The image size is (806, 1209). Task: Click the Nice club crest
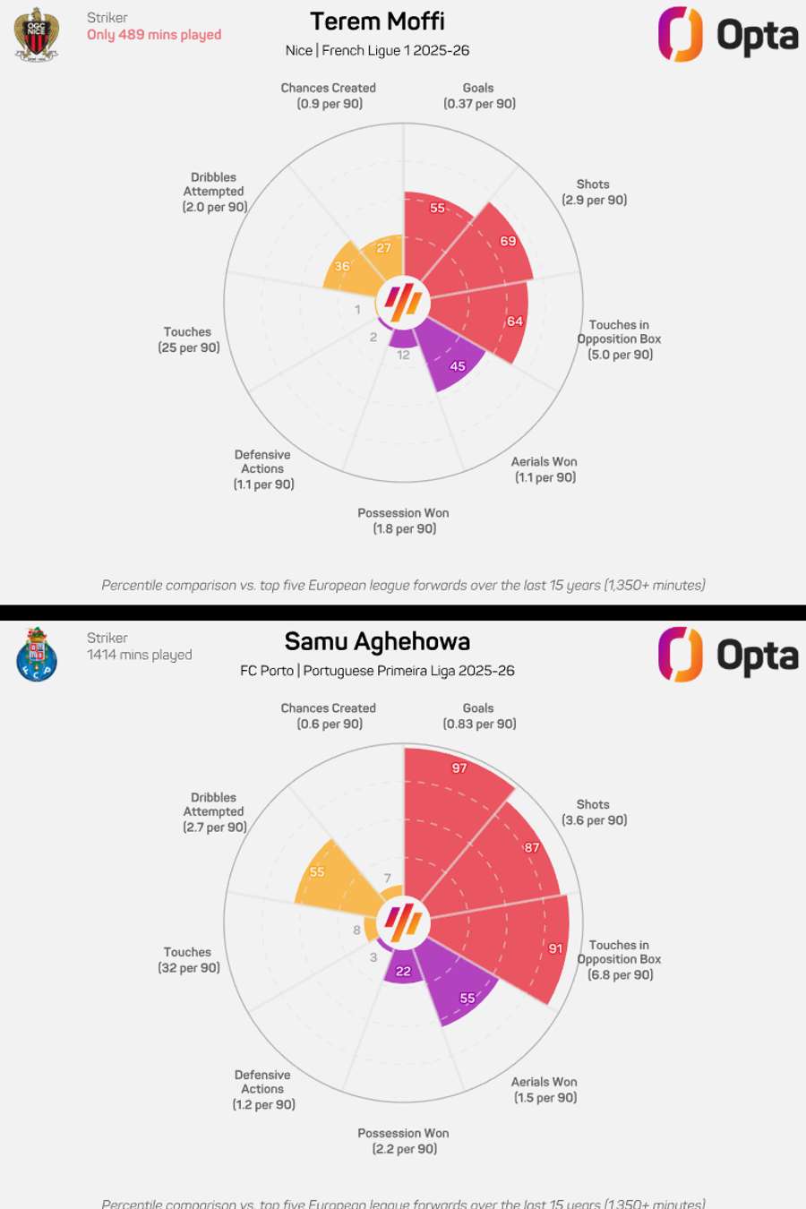tap(37, 33)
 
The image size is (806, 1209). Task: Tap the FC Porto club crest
tap(37, 655)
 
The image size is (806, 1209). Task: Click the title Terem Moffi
tap(377, 21)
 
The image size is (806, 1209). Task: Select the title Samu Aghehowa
tap(377, 642)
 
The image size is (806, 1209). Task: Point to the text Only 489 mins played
tap(154, 35)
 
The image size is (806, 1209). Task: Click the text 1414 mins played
tap(139, 655)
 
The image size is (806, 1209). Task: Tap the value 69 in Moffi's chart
tap(508, 241)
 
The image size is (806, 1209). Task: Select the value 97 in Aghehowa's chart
tap(459, 768)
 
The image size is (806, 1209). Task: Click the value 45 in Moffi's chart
tap(458, 366)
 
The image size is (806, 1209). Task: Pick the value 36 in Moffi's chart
tap(342, 266)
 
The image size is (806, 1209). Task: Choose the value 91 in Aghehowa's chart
tap(556, 948)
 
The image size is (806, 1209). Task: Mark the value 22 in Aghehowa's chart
tap(404, 972)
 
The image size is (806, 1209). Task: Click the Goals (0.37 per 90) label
tap(479, 96)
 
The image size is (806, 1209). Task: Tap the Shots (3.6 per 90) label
tap(594, 812)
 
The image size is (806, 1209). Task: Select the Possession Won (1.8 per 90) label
tap(404, 521)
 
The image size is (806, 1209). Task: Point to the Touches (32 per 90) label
tap(189, 960)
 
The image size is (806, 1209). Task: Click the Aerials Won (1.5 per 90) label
tap(544, 1090)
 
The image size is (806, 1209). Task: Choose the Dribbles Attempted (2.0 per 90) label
tap(214, 192)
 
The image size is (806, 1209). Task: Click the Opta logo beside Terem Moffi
tap(727, 35)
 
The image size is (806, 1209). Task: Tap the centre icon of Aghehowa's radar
tap(403, 922)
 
